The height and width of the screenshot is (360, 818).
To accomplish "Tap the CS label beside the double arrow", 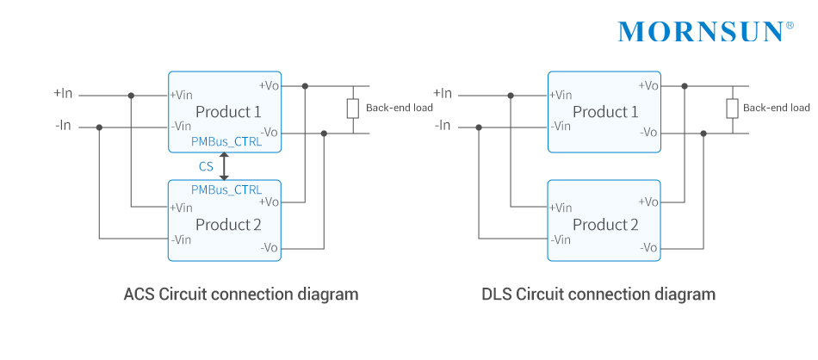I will tap(206, 166).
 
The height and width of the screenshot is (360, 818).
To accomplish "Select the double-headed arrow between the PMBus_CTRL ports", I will tap(225, 166).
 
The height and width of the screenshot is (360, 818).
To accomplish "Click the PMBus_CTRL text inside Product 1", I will tap(226, 143).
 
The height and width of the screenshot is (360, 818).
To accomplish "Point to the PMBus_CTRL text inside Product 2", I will tap(226, 189).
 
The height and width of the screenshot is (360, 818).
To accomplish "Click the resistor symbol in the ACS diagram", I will tap(353, 109).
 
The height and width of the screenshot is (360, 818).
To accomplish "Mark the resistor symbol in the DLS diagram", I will tap(732, 109).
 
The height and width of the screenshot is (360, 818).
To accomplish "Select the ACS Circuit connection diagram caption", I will tap(240, 295).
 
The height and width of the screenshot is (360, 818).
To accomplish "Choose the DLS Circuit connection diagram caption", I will tap(598, 295).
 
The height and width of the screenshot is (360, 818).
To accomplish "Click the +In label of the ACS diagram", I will tap(64, 93).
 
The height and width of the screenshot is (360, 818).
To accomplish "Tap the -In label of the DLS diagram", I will tap(443, 126).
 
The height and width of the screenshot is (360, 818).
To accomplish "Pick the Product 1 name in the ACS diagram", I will tap(228, 112).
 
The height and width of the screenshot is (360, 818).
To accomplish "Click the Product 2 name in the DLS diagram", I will tap(605, 225).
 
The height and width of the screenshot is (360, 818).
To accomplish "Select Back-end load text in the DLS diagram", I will tap(776, 109).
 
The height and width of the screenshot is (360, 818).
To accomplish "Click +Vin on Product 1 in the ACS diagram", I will tap(181, 95).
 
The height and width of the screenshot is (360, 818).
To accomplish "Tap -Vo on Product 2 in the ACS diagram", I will tap(269, 247).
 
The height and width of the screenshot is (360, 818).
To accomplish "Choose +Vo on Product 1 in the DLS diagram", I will tap(648, 85).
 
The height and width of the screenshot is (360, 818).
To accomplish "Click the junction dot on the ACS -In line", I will tap(100, 127).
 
